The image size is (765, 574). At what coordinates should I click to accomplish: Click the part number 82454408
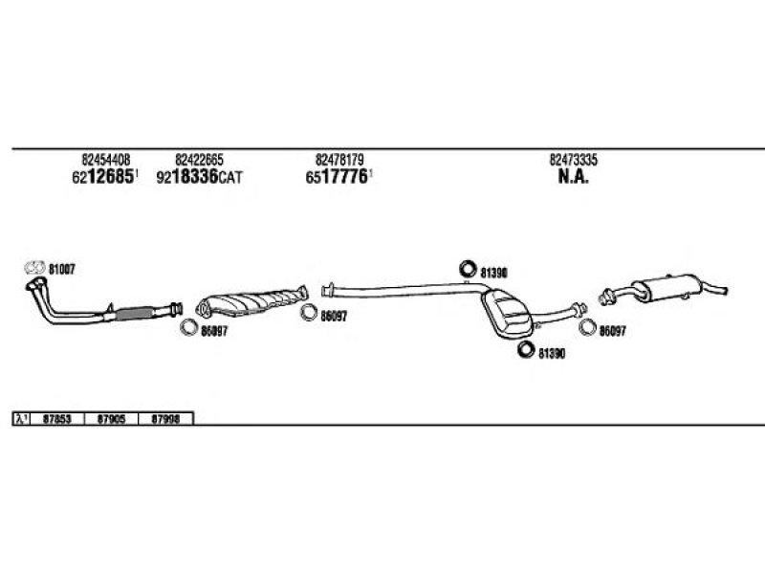[x=106, y=160]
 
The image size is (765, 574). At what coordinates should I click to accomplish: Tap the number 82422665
[x=199, y=160]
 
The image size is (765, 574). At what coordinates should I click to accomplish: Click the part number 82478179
[x=339, y=160]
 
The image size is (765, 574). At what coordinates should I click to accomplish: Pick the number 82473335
[x=574, y=160]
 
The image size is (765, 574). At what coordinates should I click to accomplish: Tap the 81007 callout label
[x=61, y=269]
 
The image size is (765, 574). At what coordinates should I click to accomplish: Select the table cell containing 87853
[x=57, y=419]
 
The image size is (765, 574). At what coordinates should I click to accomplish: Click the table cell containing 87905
[x=111, y=419]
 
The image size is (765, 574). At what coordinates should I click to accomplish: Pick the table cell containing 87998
[x=165, y=419]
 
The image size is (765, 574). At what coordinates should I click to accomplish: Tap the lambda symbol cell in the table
[x=21, y=419]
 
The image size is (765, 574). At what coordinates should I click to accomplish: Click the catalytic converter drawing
[x=251, y=302]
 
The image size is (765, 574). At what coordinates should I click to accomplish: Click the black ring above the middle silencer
[x=468, y=268]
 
